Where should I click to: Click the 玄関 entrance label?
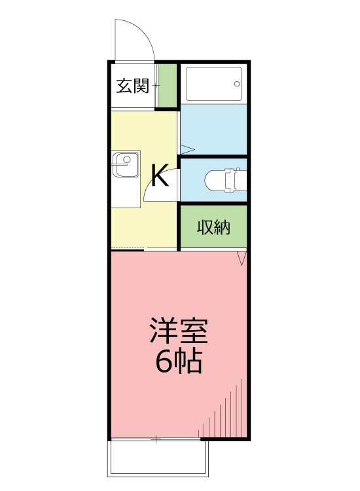(x=133, y=86)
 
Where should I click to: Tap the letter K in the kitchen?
(x=160, y=175)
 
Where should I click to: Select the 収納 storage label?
(x=213, y=227)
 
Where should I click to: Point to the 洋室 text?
(x=179, y=331)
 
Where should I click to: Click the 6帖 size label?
(x=178, y=361)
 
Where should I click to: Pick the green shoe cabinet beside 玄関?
(x=168, y=86)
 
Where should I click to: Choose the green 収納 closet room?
(x=213, y=227)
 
